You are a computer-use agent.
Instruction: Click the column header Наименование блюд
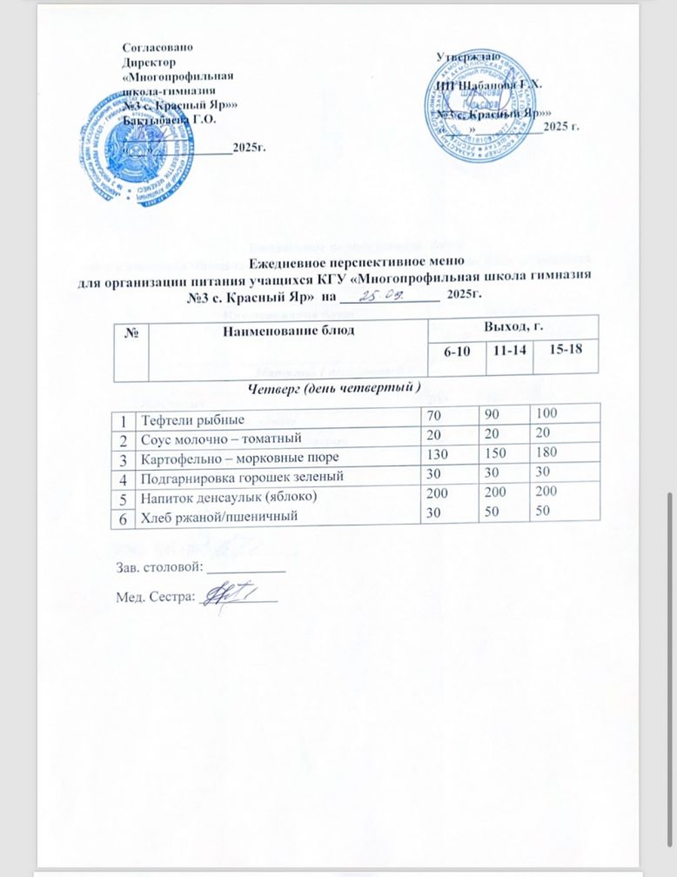(x=282, y=331)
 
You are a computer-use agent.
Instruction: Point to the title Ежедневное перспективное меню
(x=357, y=262)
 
